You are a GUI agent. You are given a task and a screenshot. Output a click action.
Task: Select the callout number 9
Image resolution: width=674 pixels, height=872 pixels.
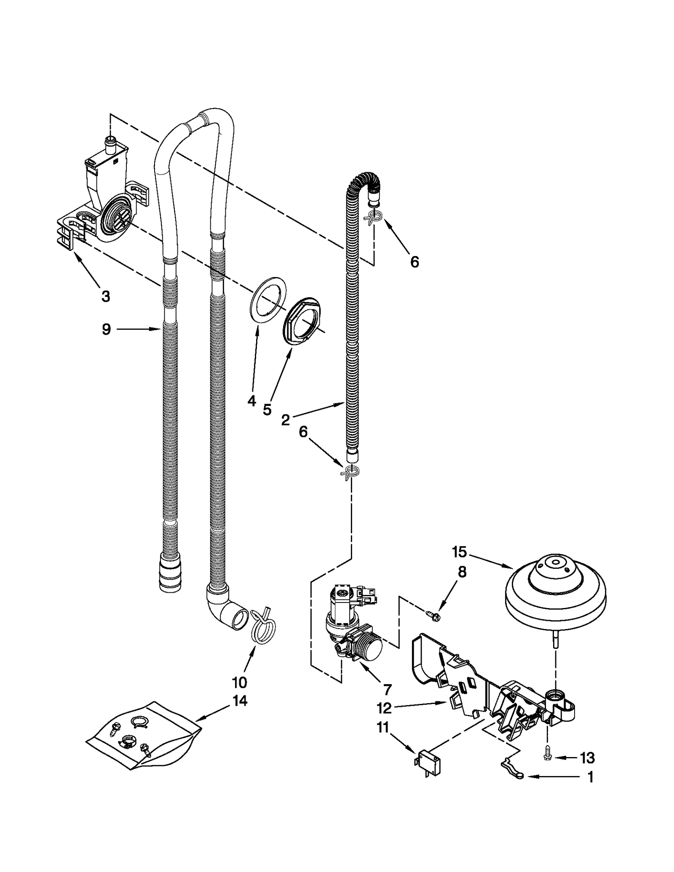(x=106, y=329)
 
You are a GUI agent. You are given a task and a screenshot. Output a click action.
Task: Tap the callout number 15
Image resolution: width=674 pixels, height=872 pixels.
(x=460, y=551)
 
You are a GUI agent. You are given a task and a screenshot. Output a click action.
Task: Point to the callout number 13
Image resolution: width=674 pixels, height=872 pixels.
(x=587, y=758)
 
